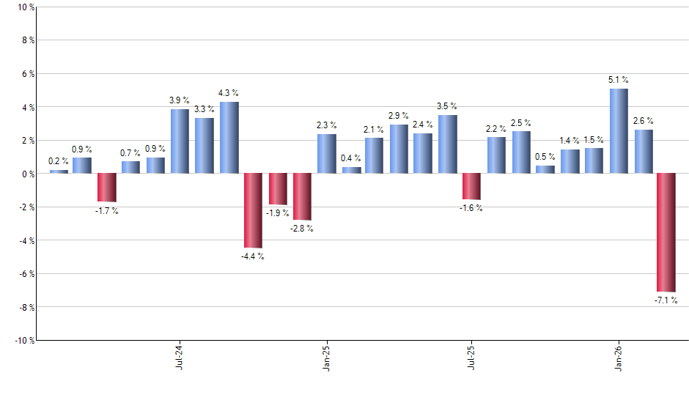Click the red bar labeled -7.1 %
click(x=666, y=232)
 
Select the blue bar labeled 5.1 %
click(x=619, y=131)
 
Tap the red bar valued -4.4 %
click(x=253, y=210)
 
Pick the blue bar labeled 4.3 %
click(x=229, y=138)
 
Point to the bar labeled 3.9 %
click(x=180, y=141)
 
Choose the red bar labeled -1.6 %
click(x=472, y=187)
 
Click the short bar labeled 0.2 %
click(x=59, y=171)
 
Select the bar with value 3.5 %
click(x=448, y=144)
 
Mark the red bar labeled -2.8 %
click(x=302, y=197)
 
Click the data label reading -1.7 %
click(x=107, y=212)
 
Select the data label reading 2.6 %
click(x=643, y=121)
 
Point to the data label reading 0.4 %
click(x=351, y=158)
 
